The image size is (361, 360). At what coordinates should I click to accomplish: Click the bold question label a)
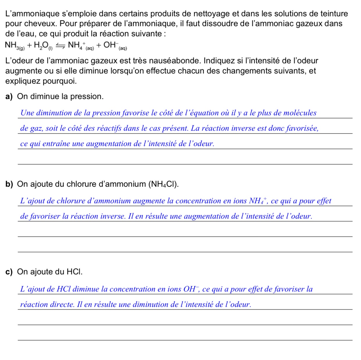click(9, 96)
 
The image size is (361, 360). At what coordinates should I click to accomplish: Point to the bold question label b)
click(9, 184)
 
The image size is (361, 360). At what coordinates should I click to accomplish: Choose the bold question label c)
click(9, 272)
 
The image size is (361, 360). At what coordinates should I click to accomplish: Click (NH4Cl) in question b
click(163, 184)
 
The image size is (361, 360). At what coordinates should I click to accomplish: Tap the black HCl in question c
click(74, 272)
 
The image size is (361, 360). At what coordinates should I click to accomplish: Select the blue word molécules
click(300, 113)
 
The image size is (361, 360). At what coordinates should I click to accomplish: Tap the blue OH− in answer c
click(191, 289)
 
